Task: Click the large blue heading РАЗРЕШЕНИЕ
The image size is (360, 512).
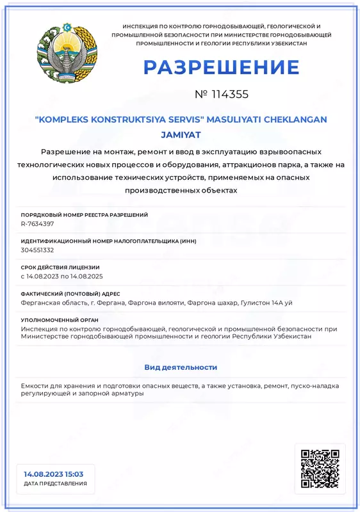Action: [221, 67]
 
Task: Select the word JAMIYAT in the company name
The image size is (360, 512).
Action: [181, 134]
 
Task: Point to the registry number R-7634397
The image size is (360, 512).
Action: [37, 224]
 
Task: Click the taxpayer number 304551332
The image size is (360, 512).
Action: [37, 250]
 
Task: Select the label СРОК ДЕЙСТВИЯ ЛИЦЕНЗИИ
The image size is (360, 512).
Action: [60, 267]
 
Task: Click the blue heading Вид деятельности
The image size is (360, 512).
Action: [181, 367]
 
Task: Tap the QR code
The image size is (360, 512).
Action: [320, 468]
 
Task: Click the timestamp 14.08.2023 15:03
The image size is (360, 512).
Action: [54, 474]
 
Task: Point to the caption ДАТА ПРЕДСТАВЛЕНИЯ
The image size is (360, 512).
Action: [55, 484]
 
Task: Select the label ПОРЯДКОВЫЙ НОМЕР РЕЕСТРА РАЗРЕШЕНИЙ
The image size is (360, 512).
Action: [85, 214]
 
